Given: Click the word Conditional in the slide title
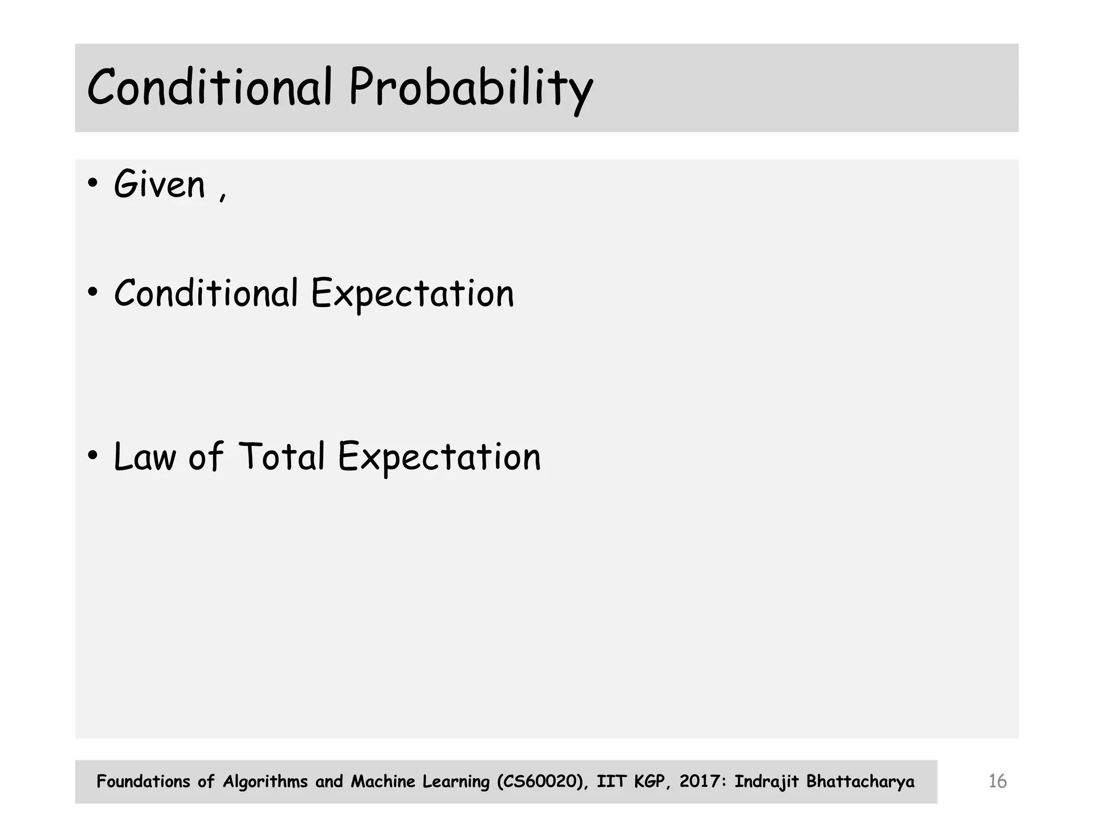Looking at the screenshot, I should point(209,87).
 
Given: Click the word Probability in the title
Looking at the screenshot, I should point(470,88).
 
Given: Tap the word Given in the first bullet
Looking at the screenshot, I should point(159,185).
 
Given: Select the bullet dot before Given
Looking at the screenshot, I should point(93,184).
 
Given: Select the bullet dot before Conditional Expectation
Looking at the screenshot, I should point(93,293).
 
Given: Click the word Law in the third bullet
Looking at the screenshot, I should point(145,457).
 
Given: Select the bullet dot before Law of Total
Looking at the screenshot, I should point(93,456).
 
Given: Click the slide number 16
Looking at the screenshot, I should point(997,782).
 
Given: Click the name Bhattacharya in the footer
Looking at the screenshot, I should point(860,782).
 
